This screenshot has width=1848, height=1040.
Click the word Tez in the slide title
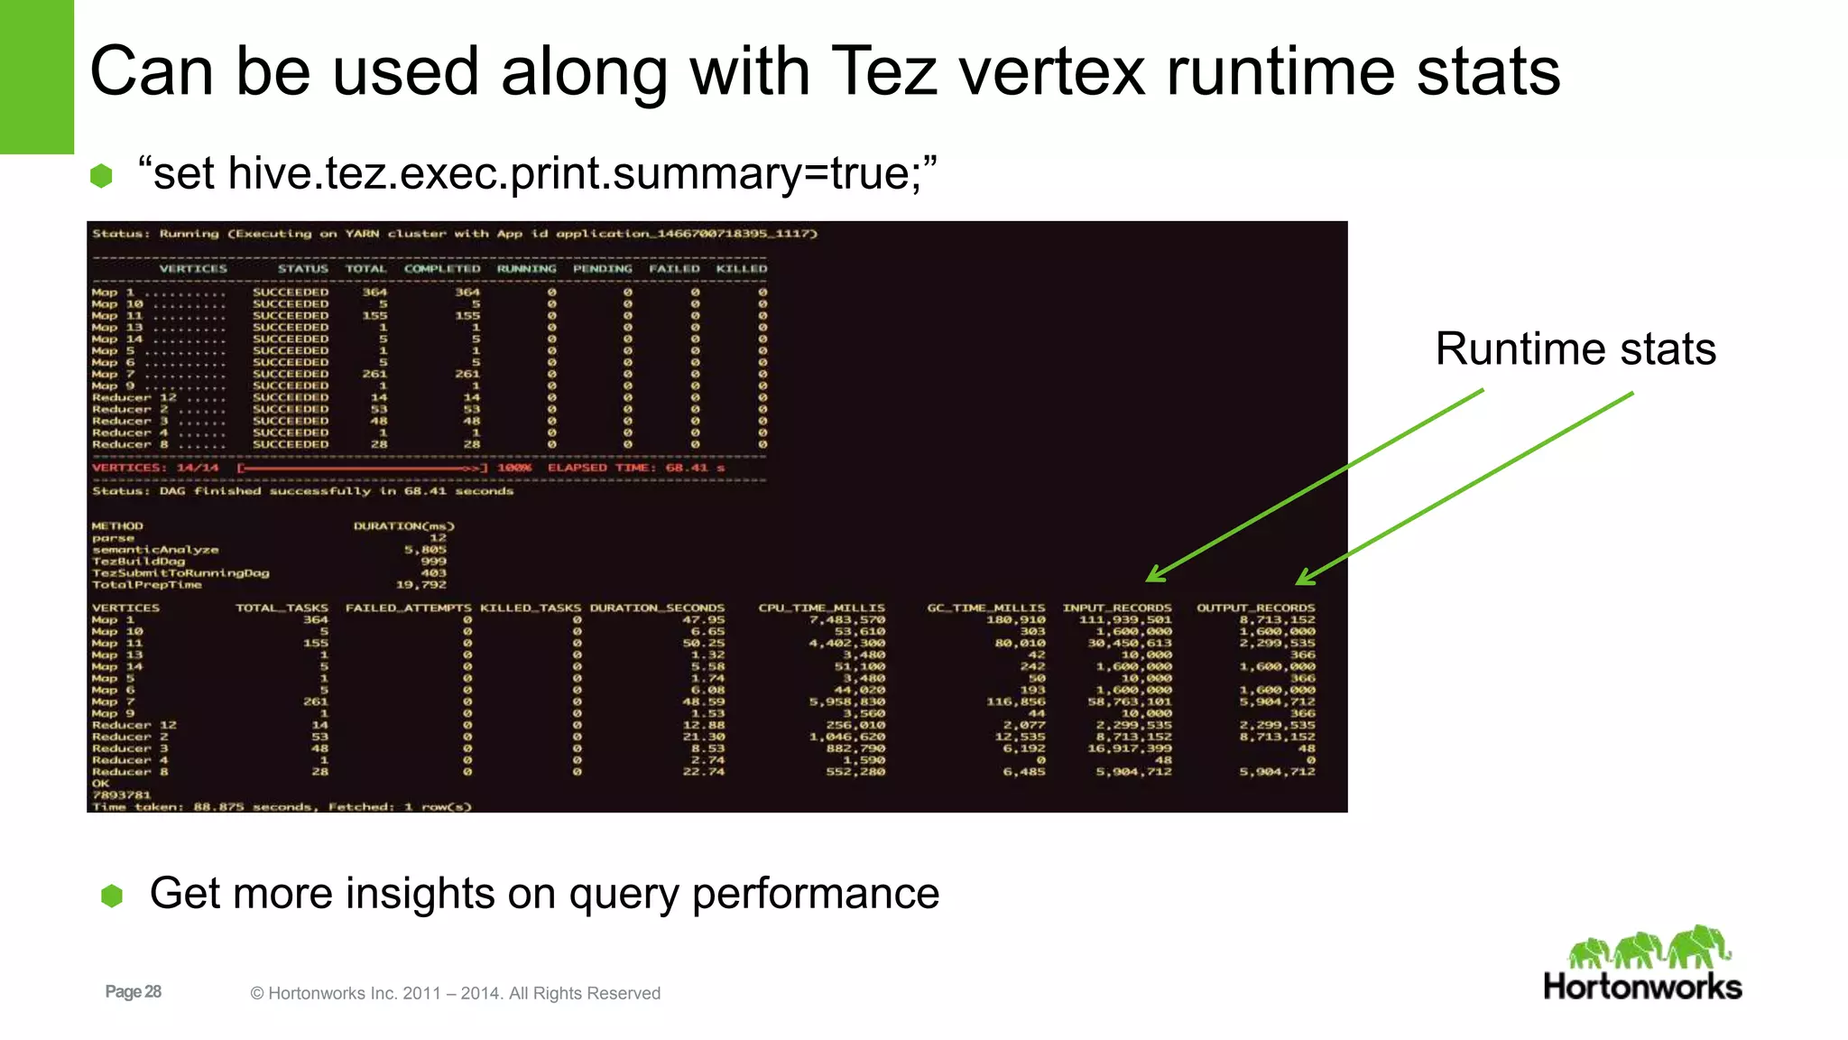[883, 71]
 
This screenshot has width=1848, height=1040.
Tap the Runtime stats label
[1575, 349]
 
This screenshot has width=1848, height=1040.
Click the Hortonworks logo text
[1642, 987]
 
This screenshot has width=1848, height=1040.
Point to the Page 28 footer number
[133, 992]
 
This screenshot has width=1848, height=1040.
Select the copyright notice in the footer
[455, 993]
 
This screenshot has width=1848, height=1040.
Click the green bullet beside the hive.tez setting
[101, 175]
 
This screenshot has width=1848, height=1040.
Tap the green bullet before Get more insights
[112, 896]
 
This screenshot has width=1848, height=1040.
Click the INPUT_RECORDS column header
[1116, 608]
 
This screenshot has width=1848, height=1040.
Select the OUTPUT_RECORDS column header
[1255, 608]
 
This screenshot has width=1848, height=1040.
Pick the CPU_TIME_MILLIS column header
[821, 608]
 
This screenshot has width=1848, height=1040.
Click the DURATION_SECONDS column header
[657, 608]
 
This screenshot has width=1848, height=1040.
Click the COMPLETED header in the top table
[442, 268]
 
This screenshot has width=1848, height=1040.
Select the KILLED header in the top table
[741, 268]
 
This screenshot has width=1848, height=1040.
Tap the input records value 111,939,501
[1125, 619]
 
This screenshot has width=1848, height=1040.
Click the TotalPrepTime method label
[146, 585]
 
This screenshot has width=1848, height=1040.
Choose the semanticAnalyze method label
[154, 550]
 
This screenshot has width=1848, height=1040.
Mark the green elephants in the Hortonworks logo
[1649, 947]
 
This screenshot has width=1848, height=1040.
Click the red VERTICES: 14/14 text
[155, 468]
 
